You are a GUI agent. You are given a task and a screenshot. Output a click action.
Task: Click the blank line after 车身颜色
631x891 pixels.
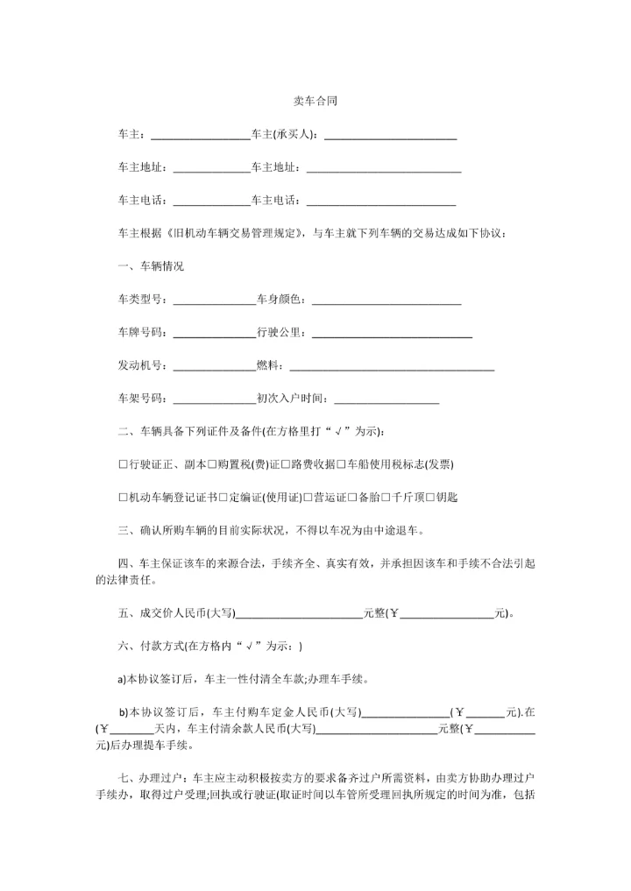(x=386, y=301)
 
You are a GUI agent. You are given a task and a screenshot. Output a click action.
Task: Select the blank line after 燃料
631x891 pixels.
(x=392, y=366)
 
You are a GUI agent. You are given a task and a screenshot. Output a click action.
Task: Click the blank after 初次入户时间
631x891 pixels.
(x=386, y=400)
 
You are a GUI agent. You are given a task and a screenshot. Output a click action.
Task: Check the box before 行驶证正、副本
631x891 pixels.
(x=123, y=463)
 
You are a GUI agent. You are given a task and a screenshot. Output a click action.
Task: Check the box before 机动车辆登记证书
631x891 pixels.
(x=123, y=497)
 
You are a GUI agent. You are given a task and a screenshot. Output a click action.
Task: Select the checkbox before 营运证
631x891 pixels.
(x=307, y=497)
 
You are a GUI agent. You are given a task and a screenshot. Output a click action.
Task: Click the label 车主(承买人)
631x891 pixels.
(x=286, y=134)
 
